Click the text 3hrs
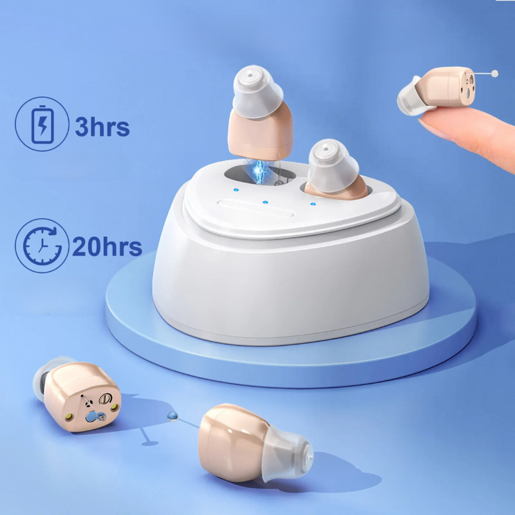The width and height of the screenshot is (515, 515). (102, 126)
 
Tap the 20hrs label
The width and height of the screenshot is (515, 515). (106, 246)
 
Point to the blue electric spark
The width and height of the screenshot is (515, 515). (261, 171)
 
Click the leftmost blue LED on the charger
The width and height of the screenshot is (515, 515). (236, 191)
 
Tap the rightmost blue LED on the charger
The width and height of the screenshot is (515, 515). (312, 205)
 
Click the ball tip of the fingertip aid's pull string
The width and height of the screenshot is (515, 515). (494, 73)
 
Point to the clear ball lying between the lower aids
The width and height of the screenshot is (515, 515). (171, 417)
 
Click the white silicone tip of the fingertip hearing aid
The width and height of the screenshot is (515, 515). (408, 100)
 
